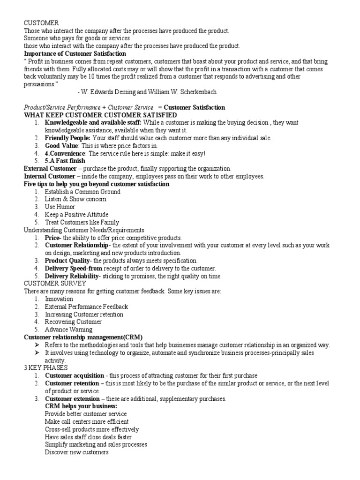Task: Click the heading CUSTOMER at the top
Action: coord(42,23)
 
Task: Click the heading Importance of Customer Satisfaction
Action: coord(75,53)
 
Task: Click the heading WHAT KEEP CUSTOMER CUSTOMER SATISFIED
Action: coord(100,115)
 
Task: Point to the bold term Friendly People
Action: coord(67,138)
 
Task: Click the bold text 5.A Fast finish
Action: coord(65,161)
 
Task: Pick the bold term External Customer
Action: coord(50,168)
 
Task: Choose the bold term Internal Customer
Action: coord(49,176)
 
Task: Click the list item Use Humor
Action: coord(60,207)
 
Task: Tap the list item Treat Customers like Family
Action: coord(82,222)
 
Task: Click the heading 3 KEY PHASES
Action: coord(45,368)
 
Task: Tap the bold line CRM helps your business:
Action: coord(81,406)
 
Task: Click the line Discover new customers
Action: coord(77,452)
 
